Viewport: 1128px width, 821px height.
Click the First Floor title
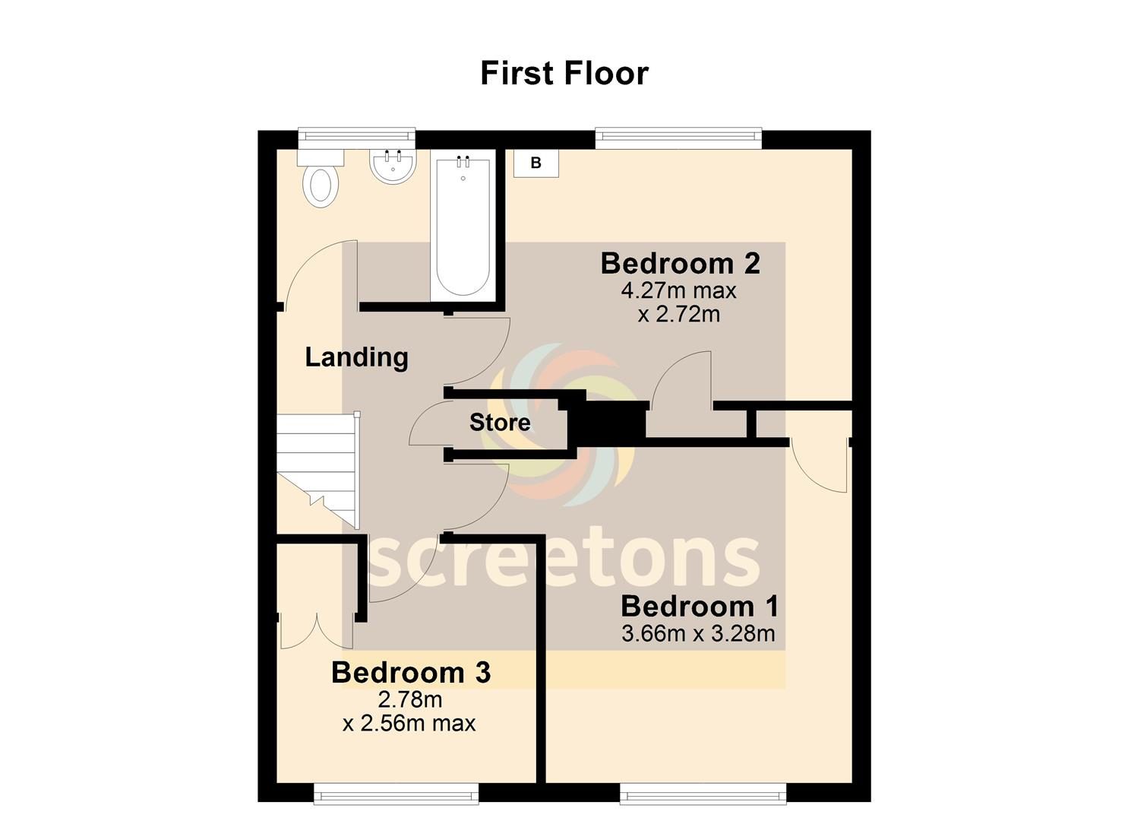pyautogui.click(x=564, y=74)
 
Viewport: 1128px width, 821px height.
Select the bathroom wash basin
pyautogui.click(x=393, y=166)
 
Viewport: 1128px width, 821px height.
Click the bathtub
pyautogui.click(x=463, y=226)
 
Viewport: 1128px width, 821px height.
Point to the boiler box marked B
pyautogui.click(x=536, y=163)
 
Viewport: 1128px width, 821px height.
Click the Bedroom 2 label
pyautogui.click(x=681, y=264)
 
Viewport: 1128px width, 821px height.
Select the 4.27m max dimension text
pyautogui.click(x=679, y=291)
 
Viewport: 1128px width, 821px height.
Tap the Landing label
pyautogui.click(x=356, y=357)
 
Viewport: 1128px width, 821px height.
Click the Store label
pyautogui.click(x=500, y=423)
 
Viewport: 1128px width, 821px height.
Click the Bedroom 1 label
pyautogui.click(x=700, y=607)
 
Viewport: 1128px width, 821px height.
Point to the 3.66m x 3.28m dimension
pyautogui.click(x=698, y=633)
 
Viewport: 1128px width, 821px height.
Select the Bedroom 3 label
pyautogui.click(x=411, y=673)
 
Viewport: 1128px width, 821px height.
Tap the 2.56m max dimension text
pyautogui.click(x=409, y=724)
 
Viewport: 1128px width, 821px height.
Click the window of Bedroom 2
pyautogui.click(x=678, y=137)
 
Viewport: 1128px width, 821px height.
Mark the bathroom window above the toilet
pyautogui.click(x=356, y=137)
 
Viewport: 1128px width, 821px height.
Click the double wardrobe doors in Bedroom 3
pyautogui.click(x=317, y=630)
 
